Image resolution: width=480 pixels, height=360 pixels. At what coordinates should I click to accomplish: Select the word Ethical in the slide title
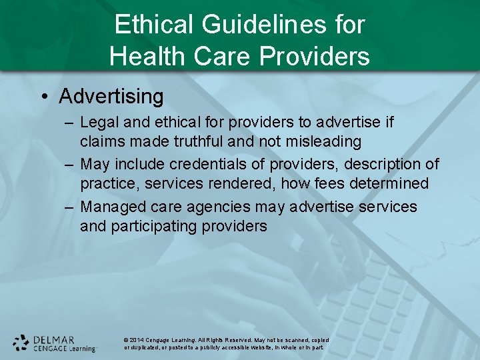coord(153,25)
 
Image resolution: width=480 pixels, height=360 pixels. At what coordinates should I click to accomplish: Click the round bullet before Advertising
coord(43,97)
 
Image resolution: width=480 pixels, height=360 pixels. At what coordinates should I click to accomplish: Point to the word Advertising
coord(111,97)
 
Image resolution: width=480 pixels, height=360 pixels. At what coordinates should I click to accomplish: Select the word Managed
coord(114,207)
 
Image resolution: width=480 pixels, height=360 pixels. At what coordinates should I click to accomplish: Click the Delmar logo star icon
coord(21,342)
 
